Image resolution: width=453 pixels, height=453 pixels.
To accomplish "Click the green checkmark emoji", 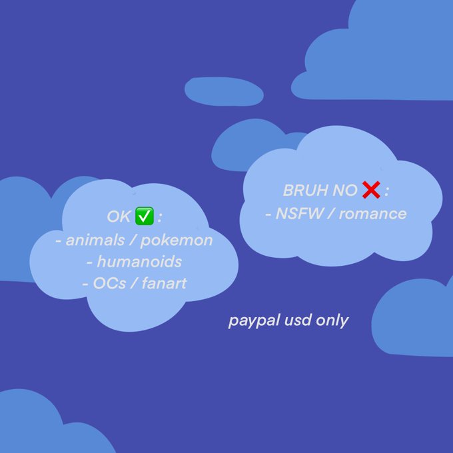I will click(145, 217).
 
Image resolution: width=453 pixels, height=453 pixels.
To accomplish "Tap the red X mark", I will click(371, 191).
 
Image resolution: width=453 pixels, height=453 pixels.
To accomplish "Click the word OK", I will click(119, 217).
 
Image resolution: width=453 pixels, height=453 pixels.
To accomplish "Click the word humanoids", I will click(139, 262).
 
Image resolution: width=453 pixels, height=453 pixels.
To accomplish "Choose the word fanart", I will click(159, 284).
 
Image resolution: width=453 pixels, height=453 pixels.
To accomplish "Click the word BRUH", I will click(304, 191).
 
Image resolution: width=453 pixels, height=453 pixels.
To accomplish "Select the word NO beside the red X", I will click(344, 191).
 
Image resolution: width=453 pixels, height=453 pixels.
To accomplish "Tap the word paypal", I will click(250, 321).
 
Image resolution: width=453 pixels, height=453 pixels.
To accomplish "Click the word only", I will click(333, 320).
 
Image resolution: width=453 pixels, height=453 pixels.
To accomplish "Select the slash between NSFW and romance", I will click(330, 214).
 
